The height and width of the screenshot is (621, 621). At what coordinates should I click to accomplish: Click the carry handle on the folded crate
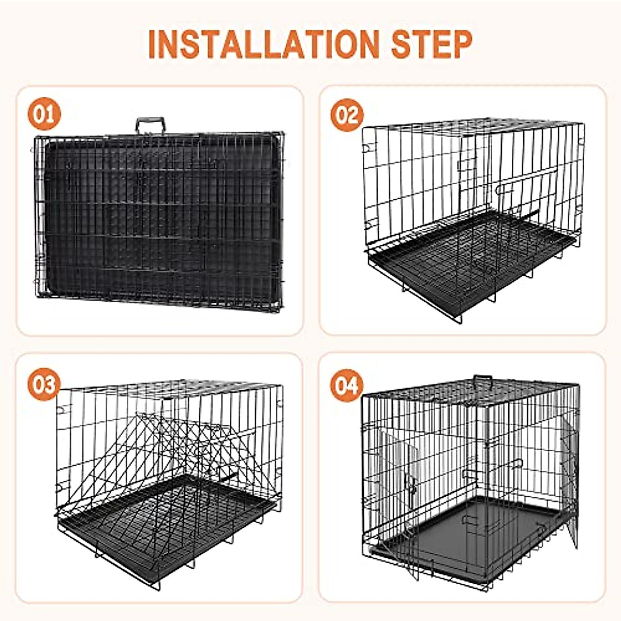151,125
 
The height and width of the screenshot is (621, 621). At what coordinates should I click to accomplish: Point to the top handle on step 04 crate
482,380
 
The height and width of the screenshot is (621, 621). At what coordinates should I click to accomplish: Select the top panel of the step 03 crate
171,389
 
